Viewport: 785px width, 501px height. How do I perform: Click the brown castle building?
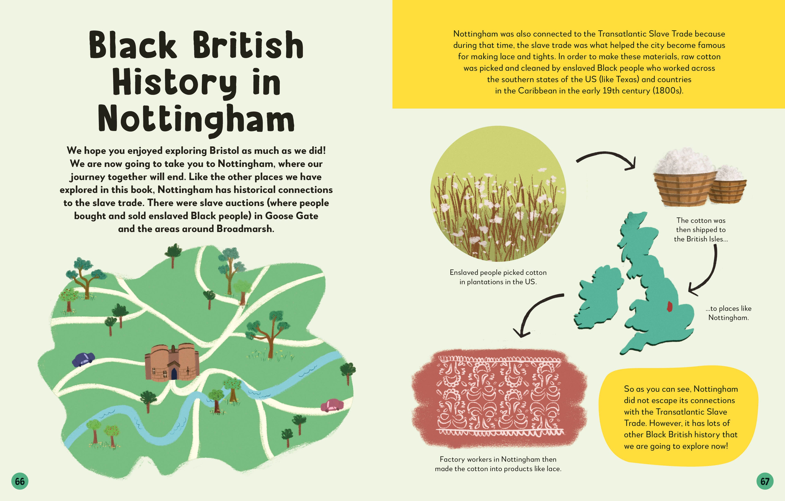pyautogui.click(x=172, y=362)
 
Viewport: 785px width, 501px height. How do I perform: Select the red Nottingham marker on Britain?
pyautogui.click(x=669, y=306)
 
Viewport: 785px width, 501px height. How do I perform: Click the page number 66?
pyautogui.click(x=20, y=481)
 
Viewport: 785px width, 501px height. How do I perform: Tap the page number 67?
pyautogui.click(x=765, y=481)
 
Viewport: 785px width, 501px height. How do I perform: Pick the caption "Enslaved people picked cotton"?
pyautogui.click(x=498, y=272)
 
